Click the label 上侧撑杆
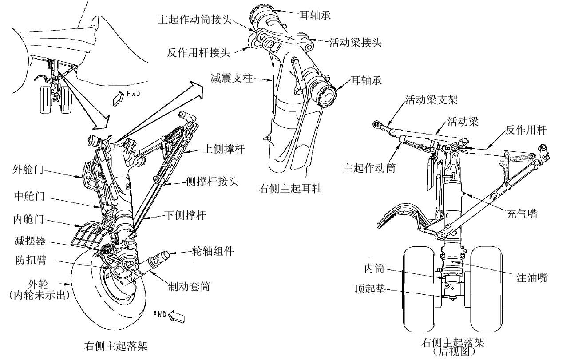pyautogui.click(x=224, y=149)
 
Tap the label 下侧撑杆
pyautogui.click(x=186, y=215)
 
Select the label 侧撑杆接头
pyautogui.click(x=212, y=181)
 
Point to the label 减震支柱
pyautogui.click(x=231, y=78)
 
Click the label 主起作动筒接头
pyautogui.click(x=195, y=19)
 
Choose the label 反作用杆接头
pyautogui.click(x=198, y=53)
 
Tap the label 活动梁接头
pyautogui.click(x=355, y=42)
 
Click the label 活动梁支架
pyautogui.click(x=431, y=100)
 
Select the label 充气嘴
pyautogui.click(x=522, y=214)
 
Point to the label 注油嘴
pyautogui.click(x=532, y=277)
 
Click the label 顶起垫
pyautogui.click(x=370, y=289)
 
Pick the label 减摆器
pyautogui.click(x=30, y=241)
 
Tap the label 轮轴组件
pyautogui.click(x=213, y=251)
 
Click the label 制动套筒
pyautogui.click(x=189, y=286)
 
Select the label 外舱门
pyautogui.click(x=28, y=169)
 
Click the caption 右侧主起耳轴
pyautogui.click(x=290, y=188)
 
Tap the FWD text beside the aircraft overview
pyautogui.click(x=133, y=94)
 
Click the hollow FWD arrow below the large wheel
pyautogui.click(x=176, y=316)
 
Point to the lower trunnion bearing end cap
pyautogui.click(x=328, y=97)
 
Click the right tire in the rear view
pyautogui.click(x=487, y=289)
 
